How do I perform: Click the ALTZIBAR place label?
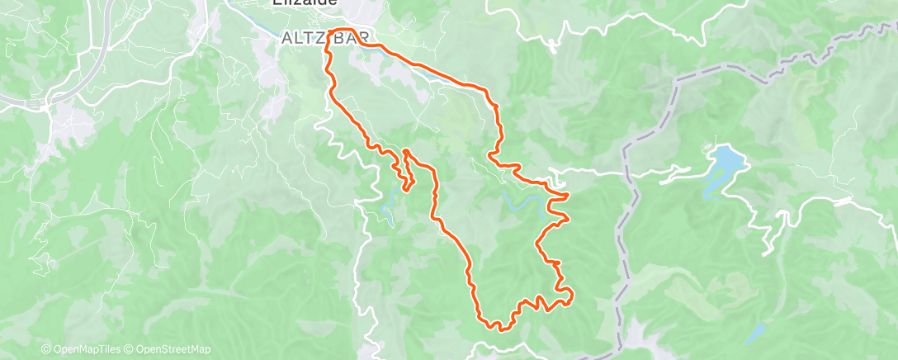[x=324, y=38]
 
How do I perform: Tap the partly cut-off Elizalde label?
[x=305, y=3]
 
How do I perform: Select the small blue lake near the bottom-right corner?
[x=755, y=334]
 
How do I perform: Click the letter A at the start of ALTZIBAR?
[x=286, y=38]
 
